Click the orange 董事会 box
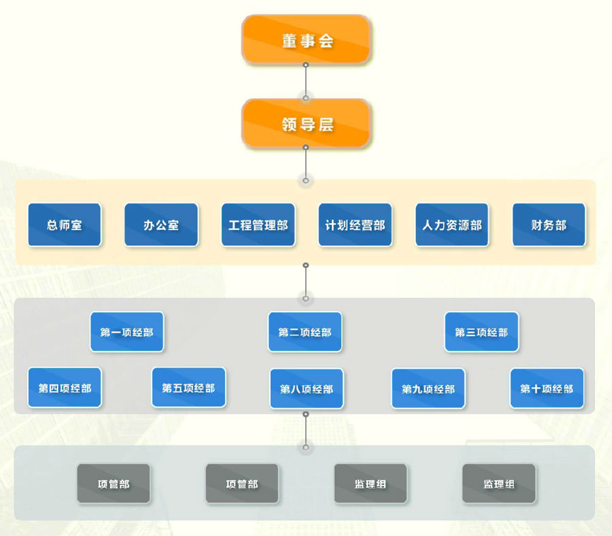(306, 39)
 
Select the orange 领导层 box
(306, 124)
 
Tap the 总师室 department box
(65, 224)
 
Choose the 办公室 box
(161, 224)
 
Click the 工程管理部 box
(258, 224)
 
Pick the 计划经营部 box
(355, 224)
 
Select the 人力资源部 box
(452, 224)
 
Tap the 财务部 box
(549, 224)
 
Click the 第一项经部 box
(127, 332)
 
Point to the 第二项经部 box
(305, 332)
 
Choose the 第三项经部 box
(481, 332)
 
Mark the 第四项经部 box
(65, 388)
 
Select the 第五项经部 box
(188, 388)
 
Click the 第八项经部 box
(307, 388)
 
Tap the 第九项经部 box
(428, 388)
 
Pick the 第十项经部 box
(547, 388)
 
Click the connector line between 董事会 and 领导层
(306, 82)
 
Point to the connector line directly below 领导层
(306, 163)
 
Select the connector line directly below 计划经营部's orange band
(306, 281)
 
